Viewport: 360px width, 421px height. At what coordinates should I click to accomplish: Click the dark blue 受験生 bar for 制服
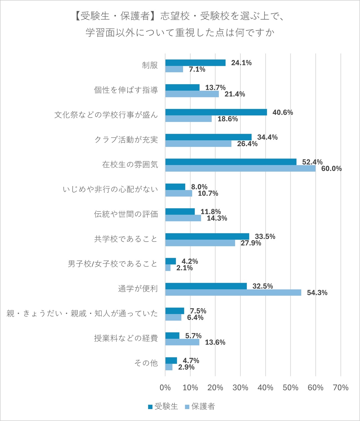[195, 63]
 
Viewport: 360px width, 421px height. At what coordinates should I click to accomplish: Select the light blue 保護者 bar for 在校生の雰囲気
[240, 169]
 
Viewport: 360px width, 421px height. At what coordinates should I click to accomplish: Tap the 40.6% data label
[282, 113]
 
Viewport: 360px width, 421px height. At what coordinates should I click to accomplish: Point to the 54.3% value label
[317, 293]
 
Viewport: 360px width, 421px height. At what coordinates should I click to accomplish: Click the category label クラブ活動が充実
[126, 140]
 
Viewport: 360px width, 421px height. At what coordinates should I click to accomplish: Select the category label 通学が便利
[138, 289]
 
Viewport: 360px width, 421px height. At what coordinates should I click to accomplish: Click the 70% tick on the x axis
[340, 388]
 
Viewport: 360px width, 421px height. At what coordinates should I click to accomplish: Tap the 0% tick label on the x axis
[165, 388]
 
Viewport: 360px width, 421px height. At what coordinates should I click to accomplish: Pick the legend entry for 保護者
[200, 406]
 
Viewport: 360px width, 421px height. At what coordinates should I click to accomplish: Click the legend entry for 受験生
[163, 406]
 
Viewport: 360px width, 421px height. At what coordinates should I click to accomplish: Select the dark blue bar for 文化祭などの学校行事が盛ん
[216, 112]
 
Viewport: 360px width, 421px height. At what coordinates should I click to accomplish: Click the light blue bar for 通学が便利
[233, 293]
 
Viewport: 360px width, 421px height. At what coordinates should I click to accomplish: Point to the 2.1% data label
[184, 268]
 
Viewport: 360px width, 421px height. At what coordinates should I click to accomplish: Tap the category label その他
[146, 363]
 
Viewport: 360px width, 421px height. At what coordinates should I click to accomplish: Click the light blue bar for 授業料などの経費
[182, 342]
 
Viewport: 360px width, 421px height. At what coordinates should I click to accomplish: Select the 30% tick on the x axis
[240, 388]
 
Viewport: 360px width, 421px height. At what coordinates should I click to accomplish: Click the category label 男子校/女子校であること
[112, 264]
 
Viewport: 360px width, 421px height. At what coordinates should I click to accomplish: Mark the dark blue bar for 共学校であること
[207, 236]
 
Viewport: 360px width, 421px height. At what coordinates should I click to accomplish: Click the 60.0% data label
[331, 169]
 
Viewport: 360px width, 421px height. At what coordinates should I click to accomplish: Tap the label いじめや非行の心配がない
[110, 189]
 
